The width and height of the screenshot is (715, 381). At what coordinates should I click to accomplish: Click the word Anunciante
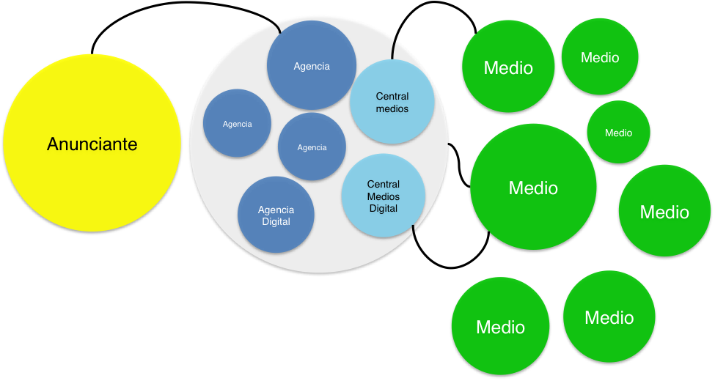92,144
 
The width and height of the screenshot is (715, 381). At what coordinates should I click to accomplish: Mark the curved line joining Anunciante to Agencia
183,17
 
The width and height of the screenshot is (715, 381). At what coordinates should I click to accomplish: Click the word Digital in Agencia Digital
276,222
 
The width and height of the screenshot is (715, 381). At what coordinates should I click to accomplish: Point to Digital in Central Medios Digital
383,209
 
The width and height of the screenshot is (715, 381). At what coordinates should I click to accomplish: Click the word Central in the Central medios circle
392,96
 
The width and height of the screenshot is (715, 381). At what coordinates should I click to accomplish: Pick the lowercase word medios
392,108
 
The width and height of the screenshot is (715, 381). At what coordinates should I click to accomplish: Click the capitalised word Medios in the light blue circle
383,196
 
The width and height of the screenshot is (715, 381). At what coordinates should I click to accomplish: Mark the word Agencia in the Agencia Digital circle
276,210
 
